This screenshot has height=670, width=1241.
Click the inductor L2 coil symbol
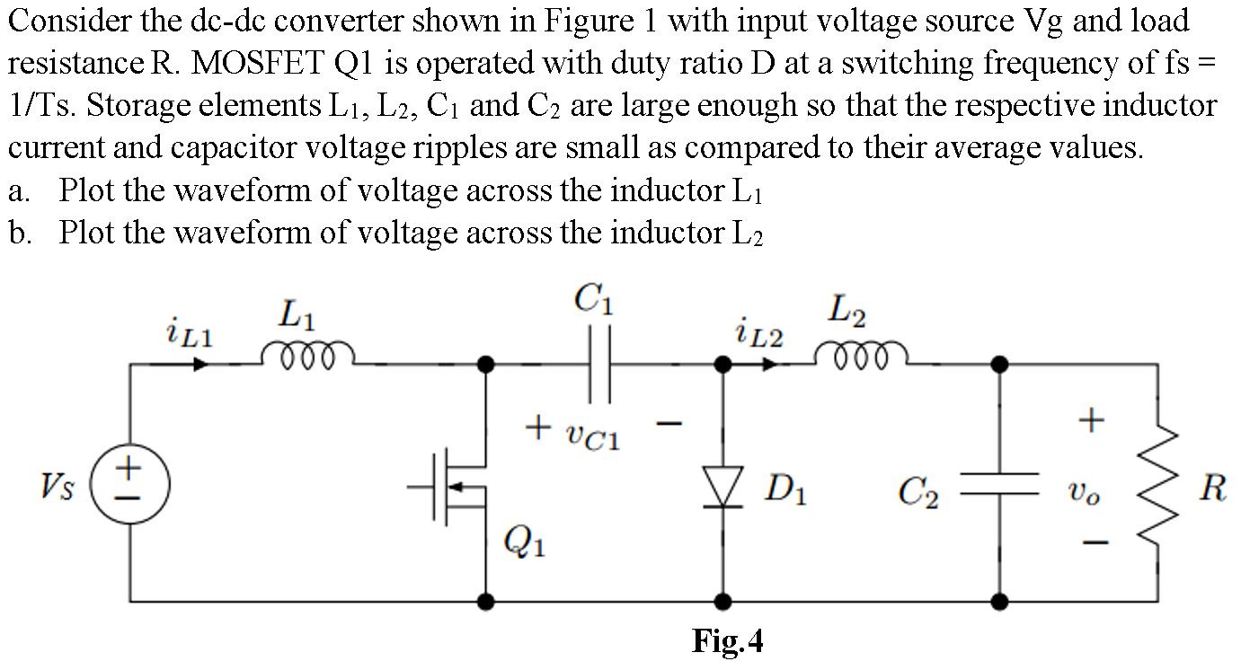coord(861,356)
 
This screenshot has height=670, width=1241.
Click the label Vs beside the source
coord(58,489)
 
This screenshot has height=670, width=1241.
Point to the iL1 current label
coord(190,335)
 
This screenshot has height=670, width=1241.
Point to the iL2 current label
coord(757,335)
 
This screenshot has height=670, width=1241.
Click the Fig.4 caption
coord(727,641)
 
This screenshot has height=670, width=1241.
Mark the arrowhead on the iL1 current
coord(201,365)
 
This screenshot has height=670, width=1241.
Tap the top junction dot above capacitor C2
coord(999,365)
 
